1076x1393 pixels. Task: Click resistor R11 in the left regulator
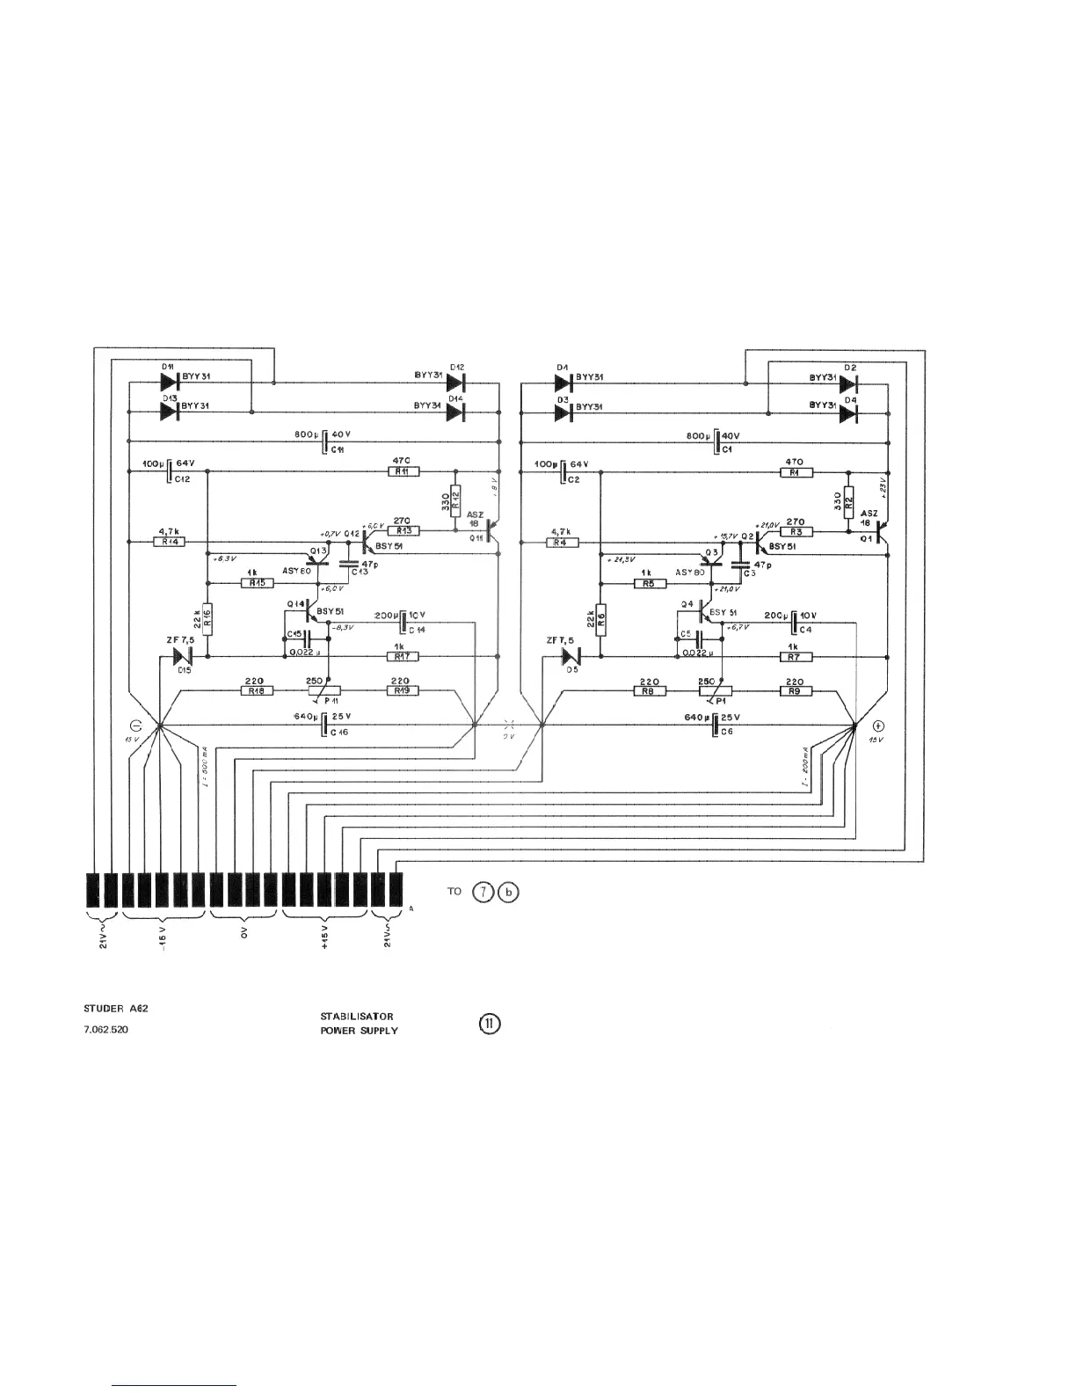(x=403, y=471)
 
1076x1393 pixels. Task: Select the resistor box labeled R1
(x=796, y=471)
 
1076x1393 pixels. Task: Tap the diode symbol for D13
(x=170, y=412)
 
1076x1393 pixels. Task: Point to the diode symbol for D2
(x=848, y=383)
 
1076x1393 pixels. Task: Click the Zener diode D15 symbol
(x=183, y=656)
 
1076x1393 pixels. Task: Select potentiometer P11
(x=328, y=690)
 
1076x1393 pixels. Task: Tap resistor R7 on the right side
(x=794, y=656)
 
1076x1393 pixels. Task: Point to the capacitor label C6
(x=727, y=732)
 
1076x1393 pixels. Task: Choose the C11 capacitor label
(x=338, y=449)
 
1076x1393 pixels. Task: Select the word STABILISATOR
(x=357, y=1016)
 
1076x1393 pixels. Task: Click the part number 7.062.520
(x=105, y=1029)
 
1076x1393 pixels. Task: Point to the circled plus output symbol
(x=877, y=726)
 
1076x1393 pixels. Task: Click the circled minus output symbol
(x=135, y=726)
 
